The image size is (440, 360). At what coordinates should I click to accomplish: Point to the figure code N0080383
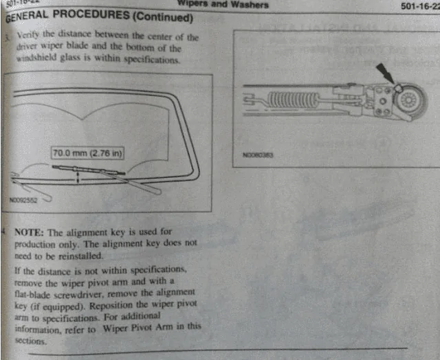click(258, 155)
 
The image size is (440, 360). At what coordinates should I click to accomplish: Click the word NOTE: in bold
click(30, 232)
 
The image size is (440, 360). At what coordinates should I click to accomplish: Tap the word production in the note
click(39, 244)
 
